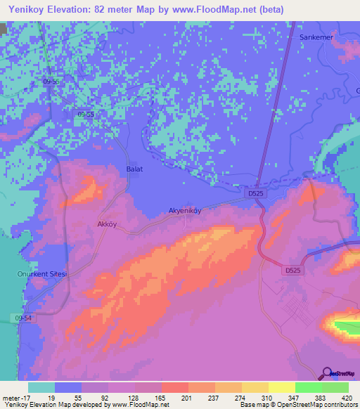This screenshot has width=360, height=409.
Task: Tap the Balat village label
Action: tap(134, 170)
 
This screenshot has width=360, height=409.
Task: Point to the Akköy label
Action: tap(105, 225)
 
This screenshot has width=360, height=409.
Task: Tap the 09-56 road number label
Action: tap(53, 82)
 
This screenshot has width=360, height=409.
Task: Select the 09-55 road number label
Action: tap(86, 114)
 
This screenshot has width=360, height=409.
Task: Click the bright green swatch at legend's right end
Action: tap(335, 387)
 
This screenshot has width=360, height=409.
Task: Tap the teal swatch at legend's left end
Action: tap(41, 387)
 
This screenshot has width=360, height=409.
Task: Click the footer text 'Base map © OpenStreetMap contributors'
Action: tap(297, 405)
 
